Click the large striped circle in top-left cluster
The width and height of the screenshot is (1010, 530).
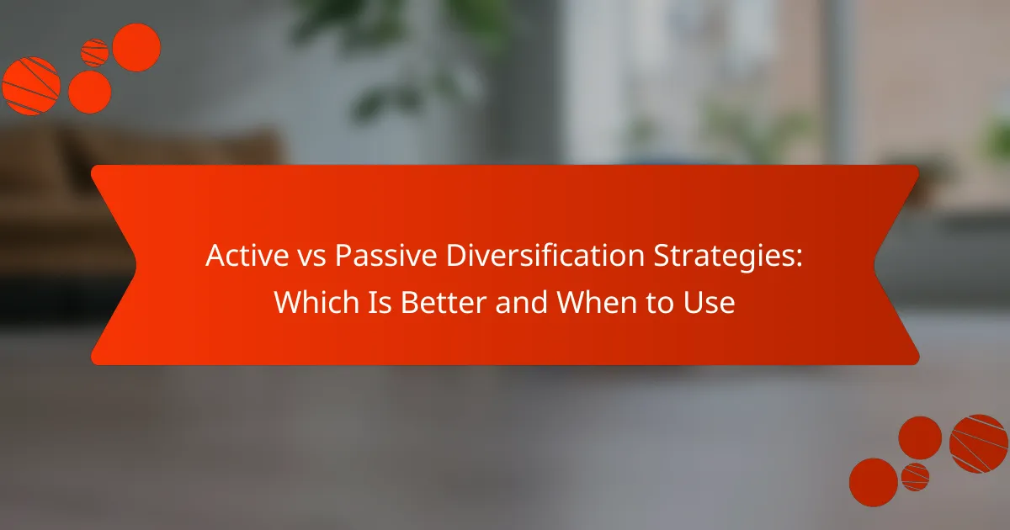[30, 85]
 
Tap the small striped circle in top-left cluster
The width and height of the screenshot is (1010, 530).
[95, 53]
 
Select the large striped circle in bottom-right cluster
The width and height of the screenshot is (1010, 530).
[979, 443]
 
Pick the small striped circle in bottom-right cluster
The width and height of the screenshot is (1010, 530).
[915, 476]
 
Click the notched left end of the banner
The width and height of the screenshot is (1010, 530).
[114, 265]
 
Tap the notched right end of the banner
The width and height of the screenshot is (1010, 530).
[896, 265]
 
